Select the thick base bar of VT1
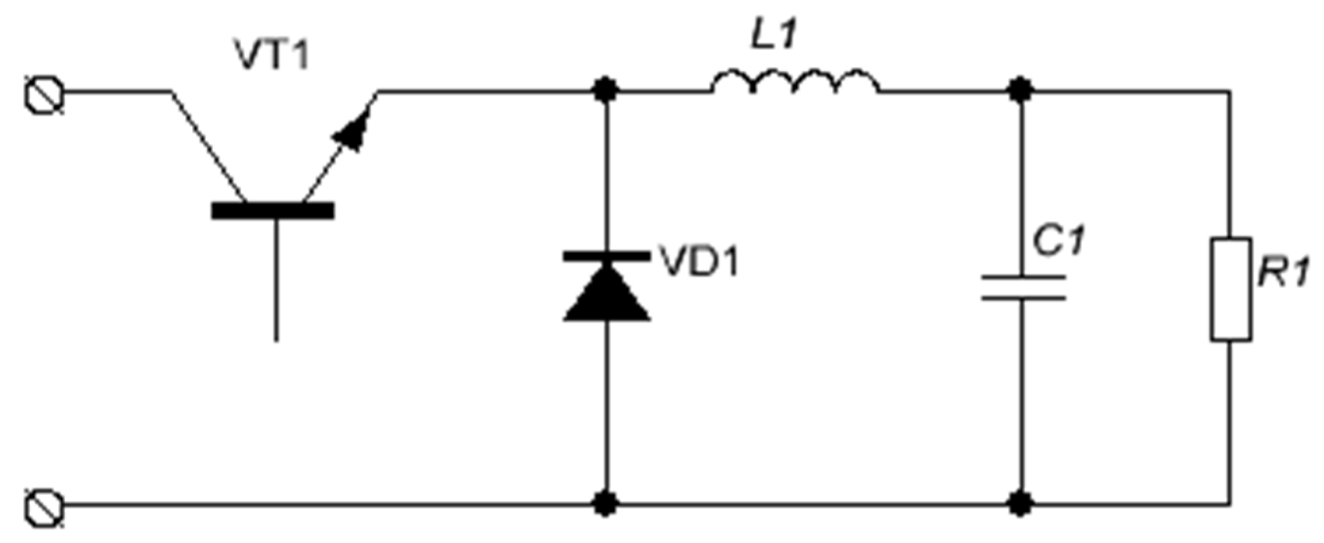coord(273,211)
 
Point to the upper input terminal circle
coord(45,95)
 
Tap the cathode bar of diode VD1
coord(607,256)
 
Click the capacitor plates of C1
coord(1022,287)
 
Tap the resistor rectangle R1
coord(1230,289)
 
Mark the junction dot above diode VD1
coord(606,89)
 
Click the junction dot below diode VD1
coord(606,504)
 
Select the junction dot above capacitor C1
coord(1020,89)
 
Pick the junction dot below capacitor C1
coord(1020,504)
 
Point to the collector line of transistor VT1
coord(206,145)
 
